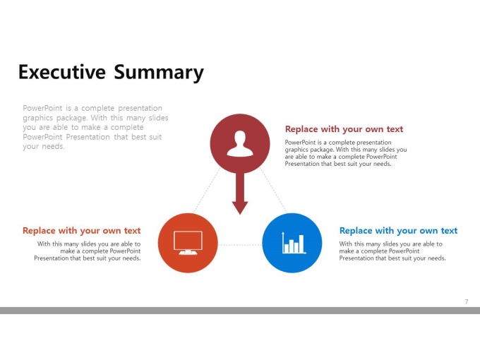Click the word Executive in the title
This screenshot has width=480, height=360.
coord(62,72)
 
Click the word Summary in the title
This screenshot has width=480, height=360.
coord(159,73)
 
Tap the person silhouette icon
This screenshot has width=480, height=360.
coord(240,143)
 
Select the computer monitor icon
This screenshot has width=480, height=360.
coord(188,243)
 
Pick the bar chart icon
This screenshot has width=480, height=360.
coord(294,243)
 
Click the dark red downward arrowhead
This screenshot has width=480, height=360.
coord(240,208)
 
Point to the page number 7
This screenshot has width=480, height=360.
coord(467,301)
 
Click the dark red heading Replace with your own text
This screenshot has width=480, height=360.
coord(344,129)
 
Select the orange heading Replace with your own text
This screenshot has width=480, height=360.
coord(81,231)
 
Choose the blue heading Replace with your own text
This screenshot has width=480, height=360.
coord(398,231)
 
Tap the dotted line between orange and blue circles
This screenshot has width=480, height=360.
coord(240,245)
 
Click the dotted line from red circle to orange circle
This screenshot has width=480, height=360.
coord(207,191)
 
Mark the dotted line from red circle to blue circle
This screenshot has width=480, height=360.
coord(273,191)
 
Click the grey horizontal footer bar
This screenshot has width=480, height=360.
coord(240,311)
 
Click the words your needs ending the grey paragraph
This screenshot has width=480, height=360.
coord(44,147)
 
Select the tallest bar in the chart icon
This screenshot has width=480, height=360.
coord(301,244)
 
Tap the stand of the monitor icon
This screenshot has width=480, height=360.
coord(188,252)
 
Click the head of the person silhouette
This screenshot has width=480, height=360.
coord(240,138)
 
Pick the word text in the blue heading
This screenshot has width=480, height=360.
coord(449,231)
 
